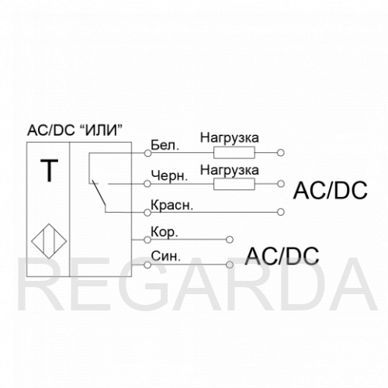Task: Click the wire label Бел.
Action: click(165, 145)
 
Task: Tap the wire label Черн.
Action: click(169, 176)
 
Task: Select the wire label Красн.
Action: click(172, 205)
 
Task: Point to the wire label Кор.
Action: click(165, 232)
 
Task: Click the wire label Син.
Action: click(166, 256)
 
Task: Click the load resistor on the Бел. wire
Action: click(234, 153)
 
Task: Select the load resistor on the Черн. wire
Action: click(234, 184)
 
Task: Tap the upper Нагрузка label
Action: click(230, 138)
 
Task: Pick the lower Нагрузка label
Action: click(230, 171)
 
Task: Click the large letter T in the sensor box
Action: click(49, 171)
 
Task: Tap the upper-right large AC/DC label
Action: click(331, 191)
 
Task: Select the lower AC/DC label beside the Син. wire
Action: click(282, 256)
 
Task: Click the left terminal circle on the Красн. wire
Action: click(147, 213)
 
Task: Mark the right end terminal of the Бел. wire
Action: click(281, 153)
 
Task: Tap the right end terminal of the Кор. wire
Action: click(230, 240)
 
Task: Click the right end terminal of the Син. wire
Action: click(230, 265)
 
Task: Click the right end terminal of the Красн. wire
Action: click(281, 212)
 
